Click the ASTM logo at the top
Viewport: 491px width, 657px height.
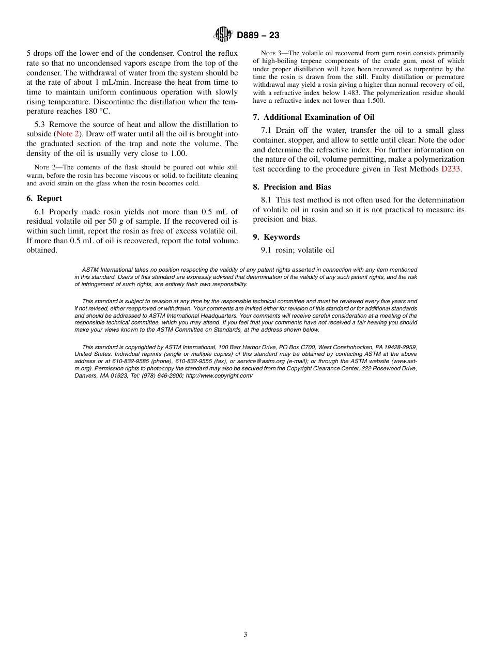[x=224, y=35]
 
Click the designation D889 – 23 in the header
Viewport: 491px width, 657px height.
[x=258, y=35]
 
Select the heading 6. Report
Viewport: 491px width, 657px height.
[x=44, y=198]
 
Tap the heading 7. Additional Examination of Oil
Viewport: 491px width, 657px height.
[x=314, y=117]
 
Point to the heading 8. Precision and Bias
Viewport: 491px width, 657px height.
[x=292, y=187]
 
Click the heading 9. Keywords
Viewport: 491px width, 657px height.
[x=277, y=237]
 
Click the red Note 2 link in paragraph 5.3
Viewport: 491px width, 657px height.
[x=67, y=134]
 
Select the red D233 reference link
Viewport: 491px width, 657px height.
[x=450, y=168]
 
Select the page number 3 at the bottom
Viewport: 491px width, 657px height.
[x=245, y=635]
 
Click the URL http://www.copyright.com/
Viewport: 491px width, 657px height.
[x=219, y=376]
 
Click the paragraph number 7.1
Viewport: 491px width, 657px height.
[x=267, y=130]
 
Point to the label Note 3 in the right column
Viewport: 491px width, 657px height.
[x=270, y=54]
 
